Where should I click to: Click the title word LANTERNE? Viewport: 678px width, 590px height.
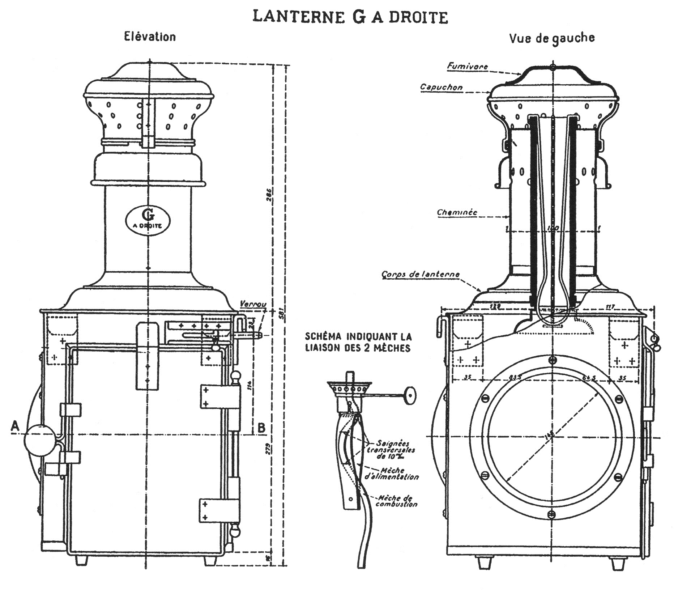coord(298,17)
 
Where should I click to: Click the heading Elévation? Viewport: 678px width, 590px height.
coord(150,37)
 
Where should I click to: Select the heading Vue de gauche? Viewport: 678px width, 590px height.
coord(552,38)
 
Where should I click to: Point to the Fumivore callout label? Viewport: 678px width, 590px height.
coord(468,66)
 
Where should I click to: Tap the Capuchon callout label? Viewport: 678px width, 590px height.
coord(441,87)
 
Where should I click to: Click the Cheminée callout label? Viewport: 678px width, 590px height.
coord(457,212)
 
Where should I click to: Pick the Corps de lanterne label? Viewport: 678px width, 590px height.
coord(421,274)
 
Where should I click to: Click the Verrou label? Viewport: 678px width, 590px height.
coord(253,304)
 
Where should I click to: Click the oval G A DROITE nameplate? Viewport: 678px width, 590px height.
coord(148,220)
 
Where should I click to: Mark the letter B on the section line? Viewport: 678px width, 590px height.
coord(261,428)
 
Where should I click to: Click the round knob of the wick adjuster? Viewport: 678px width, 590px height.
coord(410,395)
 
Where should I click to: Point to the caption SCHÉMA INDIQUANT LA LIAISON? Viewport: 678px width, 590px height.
coord(358,342)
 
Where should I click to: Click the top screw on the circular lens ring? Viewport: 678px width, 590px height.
coord(552,360)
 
